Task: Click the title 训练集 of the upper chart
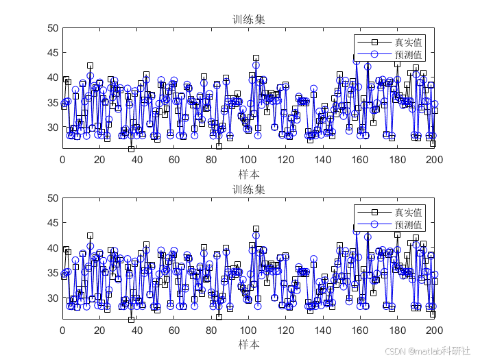248,20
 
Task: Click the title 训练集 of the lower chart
248,190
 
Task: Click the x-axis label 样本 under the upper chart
248,174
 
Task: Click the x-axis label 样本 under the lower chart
248,344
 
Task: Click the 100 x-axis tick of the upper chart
248,161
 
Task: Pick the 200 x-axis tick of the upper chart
434,161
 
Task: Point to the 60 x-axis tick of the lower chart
174,331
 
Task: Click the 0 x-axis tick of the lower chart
62,331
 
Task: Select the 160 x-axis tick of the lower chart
360,331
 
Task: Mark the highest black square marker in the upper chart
256,58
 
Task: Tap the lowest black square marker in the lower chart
131,319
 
